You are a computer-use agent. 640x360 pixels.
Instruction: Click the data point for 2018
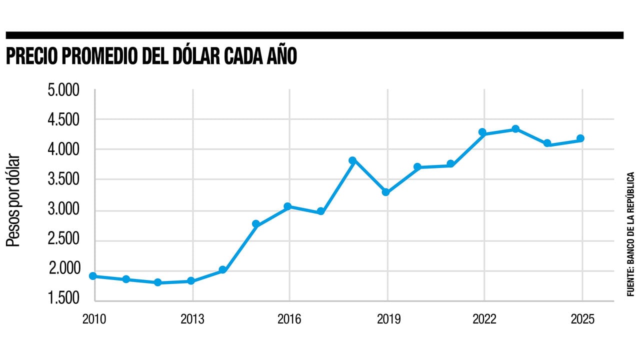(352, 160)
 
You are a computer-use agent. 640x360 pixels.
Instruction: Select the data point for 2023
(515, 129)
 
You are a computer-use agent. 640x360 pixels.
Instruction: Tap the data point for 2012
(157, 282)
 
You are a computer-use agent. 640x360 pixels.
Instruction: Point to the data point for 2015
(256, 224)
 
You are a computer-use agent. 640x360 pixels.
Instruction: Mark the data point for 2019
(385, 192)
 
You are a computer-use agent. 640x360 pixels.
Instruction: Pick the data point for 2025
(580, 138)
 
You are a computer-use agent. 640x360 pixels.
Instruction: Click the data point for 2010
(93, 276)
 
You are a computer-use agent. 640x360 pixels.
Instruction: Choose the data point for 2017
(320, 211)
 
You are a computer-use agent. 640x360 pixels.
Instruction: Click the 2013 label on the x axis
(192, 319)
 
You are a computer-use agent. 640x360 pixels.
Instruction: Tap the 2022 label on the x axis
(484, 319)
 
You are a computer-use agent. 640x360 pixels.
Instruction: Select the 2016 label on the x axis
(289, 319)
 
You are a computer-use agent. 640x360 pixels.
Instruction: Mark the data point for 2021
(450, 164)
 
